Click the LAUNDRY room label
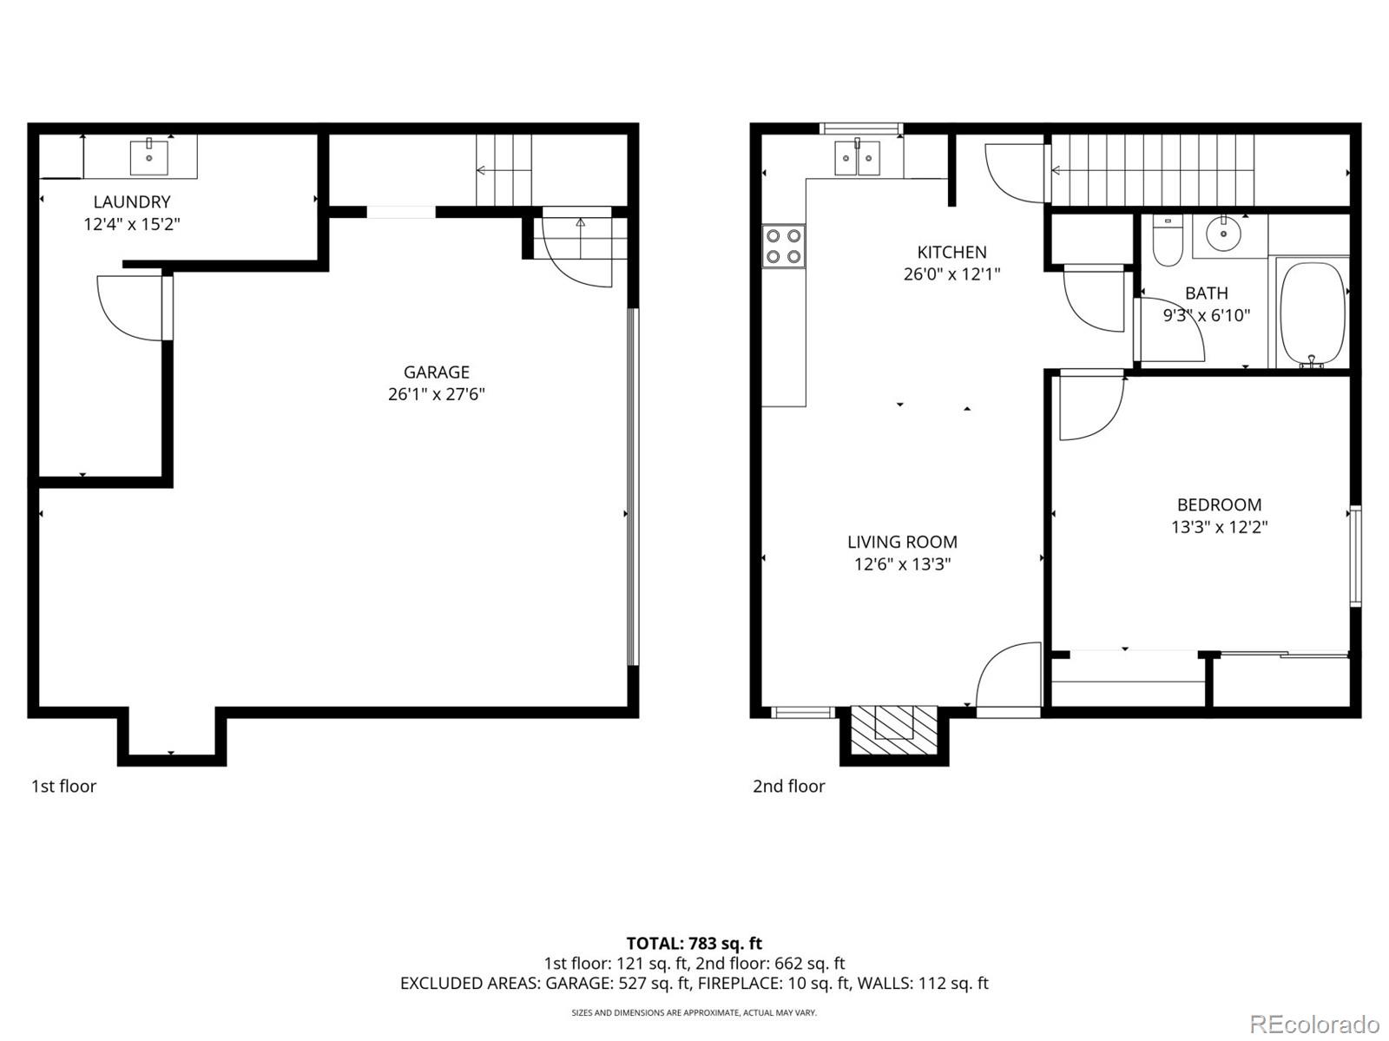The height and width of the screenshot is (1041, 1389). coord(132,201)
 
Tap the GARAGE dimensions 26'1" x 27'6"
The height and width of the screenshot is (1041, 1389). coord(436,394)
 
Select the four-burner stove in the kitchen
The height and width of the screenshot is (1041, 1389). coord(783,245)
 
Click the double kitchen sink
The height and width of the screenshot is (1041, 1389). coord(857,158)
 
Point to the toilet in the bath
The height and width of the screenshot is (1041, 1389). coord(1168,240)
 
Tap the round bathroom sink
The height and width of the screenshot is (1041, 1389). coord(1224,234)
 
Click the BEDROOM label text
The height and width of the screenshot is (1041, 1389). coord(1219,504)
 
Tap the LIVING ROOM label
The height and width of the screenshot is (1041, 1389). coord(902,542)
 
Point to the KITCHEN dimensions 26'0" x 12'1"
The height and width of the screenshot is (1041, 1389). coord(951,274)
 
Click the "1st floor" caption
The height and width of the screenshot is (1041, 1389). coord(63,786)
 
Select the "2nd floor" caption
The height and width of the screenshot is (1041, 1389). coord(788,786)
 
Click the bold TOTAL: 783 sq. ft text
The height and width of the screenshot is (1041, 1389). coord(694,943)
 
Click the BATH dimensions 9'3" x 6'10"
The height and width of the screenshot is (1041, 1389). coord(1206,315)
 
